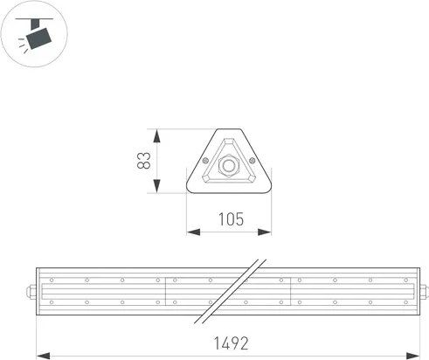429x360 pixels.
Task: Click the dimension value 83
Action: pos(145,161)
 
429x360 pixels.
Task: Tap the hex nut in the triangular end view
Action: pos(229,164)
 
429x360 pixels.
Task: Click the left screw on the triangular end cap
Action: pos(205,160)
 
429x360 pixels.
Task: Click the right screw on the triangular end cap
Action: pos(253,160)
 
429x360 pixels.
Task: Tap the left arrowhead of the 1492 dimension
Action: pos(39,355)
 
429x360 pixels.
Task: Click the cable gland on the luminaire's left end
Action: pos(31,291)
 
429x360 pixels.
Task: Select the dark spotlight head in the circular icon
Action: pos(38,38)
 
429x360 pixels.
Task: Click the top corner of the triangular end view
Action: pos(229,132)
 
